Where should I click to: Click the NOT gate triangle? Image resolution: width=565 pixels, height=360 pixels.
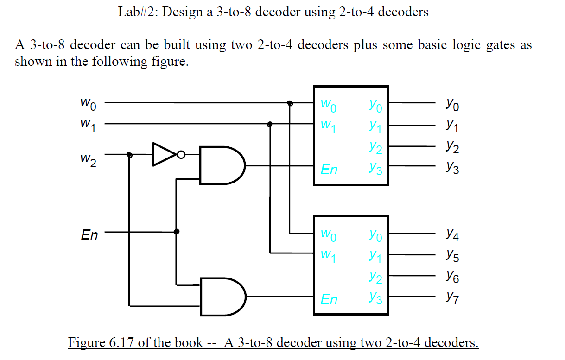(164, 154)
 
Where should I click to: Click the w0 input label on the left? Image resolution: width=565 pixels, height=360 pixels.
(89, 105)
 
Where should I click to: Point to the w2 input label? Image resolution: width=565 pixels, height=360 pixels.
(88, 161)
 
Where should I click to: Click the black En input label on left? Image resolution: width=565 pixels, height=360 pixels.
(89, 235)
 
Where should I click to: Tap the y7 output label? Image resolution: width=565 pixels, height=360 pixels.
(452, 295)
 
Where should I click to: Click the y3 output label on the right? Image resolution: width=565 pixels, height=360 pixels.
(452, 169)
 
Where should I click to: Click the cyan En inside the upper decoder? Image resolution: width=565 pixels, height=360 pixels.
(329, 170)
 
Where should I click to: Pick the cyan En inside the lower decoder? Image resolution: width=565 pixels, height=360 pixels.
(329, 299)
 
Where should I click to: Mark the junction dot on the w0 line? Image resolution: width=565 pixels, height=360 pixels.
(290, 103)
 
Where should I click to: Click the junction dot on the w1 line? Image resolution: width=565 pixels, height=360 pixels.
(270, 124)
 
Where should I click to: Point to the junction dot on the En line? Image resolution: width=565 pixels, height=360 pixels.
(176, 231)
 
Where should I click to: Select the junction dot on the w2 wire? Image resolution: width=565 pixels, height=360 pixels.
(129, 155)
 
